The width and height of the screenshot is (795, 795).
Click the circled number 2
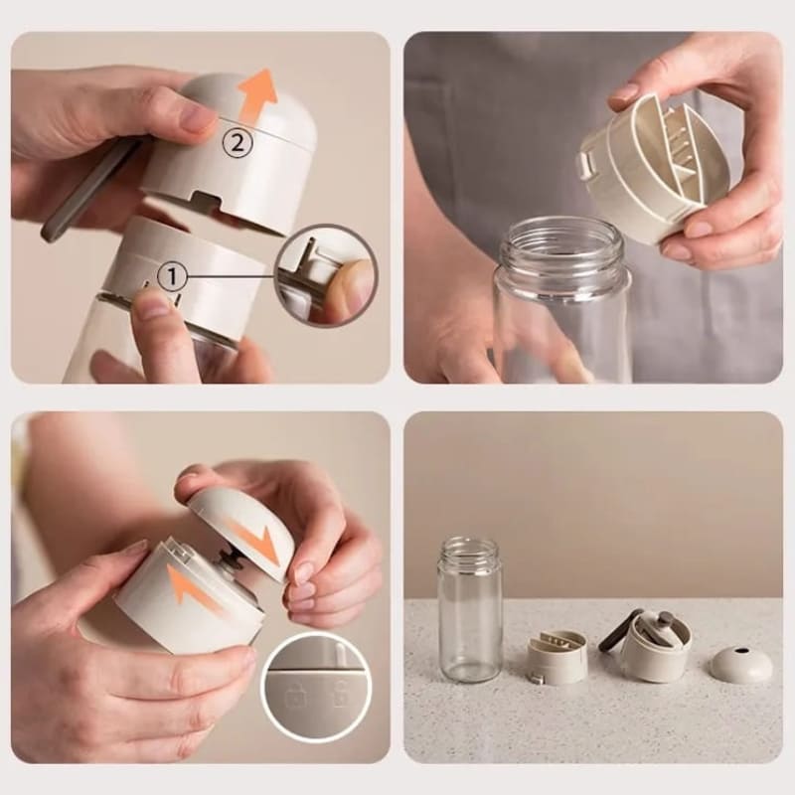238,143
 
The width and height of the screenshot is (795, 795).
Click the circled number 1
172,277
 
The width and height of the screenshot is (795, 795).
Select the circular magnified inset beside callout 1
327,275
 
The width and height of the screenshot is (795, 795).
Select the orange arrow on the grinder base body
194,589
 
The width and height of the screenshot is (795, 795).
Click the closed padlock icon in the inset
293,696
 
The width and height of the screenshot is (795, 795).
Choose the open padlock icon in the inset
340,694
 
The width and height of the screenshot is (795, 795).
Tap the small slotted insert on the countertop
557,655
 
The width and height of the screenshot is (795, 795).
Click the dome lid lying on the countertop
741,662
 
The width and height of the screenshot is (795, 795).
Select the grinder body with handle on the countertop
648,641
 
